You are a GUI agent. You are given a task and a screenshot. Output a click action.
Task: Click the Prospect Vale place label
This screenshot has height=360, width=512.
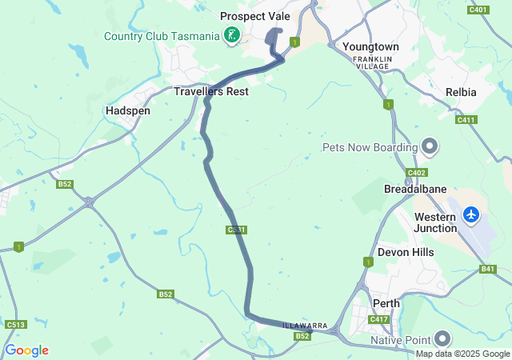pyautogui.click(x=255, y=16)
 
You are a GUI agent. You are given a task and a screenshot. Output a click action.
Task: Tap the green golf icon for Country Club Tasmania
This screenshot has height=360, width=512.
pyautogui.click(x=231, y=35)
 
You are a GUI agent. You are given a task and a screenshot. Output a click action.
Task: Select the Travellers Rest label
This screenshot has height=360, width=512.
pyautogui.click(x=211, y=92)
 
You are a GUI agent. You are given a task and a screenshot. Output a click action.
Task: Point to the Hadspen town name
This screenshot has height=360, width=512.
pyautogui.click(x=128, y=110)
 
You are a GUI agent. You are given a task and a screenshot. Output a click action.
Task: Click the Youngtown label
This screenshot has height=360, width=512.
pyautogui.click(x=370, y=47)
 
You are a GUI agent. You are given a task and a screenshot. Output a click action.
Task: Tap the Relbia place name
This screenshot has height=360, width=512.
pyautogui.click(x=461, y=92)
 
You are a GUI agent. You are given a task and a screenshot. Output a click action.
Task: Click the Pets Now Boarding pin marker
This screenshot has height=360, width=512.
pyautogui.click(x=430, y=146)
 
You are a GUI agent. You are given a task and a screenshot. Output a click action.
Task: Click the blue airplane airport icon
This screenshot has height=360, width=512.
pyautogui.click(x=471, y=214)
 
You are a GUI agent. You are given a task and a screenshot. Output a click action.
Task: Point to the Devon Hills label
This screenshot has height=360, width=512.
pyautogui.click(x=405, y=252)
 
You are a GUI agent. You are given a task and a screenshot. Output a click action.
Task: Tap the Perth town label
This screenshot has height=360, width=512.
pyautogui.click(x=386, y=303)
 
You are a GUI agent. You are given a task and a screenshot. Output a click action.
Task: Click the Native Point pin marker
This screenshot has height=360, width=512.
pyautogui.click(x=442, y=339)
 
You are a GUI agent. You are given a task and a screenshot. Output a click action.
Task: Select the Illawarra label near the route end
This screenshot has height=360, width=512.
pyautogui.click(x=305, y=326)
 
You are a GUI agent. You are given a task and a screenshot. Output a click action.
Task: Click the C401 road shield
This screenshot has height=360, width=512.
pyautogui.click(x=479, y=10)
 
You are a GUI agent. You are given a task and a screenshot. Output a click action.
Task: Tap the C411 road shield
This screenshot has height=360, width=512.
pyautogui.click(x=466, y=120)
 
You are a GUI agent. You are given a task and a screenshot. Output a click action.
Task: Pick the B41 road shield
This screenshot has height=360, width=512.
pyautogui.click(x=488, y=270)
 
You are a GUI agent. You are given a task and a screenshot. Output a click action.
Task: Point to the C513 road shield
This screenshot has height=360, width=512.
pyautogui.click(x=15, y=325)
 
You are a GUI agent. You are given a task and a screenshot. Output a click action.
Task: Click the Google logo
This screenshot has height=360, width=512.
pyautogui.click(x=26, y=350)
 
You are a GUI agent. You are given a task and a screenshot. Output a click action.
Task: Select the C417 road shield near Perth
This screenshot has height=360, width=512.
pyautogui.click(x=378, y=320)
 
